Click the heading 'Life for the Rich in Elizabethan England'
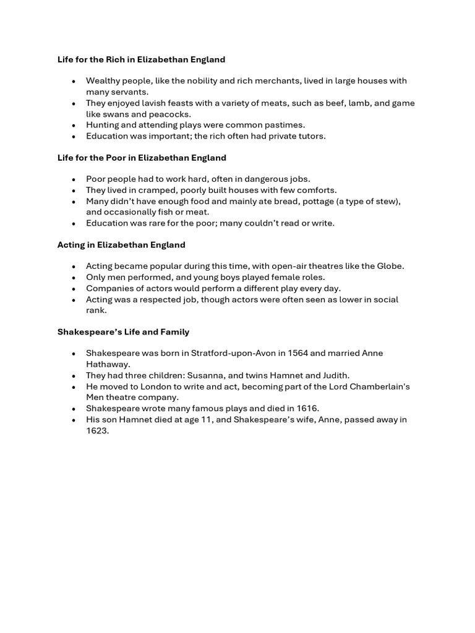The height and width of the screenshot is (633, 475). pos(141,60)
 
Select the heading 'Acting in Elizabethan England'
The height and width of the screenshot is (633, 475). pos(121,245)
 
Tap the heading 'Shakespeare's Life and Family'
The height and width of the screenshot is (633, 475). pos(123,332)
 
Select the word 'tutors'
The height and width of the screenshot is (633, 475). pos(310,136)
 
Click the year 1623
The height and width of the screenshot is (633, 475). pos(96,431)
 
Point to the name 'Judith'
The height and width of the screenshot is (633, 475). pos(334,375)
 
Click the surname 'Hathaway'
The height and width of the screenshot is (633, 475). pos(108,364)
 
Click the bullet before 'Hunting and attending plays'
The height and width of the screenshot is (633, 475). pos(73,125)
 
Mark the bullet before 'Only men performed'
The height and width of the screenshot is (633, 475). pos(73,278)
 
